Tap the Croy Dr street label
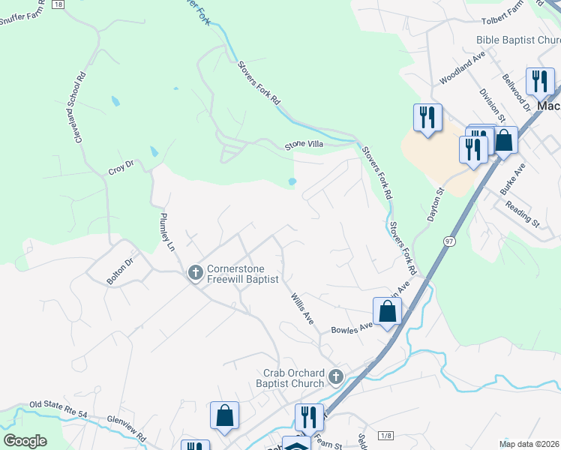(120, 168)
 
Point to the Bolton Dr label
(118, 271)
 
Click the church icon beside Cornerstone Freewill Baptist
(195, 274)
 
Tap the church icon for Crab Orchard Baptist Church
(336, 377)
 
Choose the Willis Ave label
(302, 307)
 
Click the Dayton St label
(436, 203)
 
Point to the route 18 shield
(58, 4)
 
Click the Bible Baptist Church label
(517, 40)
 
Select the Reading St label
(522, 214)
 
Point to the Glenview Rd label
(126, 425)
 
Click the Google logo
(25, 440)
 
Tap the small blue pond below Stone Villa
(292, 181)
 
